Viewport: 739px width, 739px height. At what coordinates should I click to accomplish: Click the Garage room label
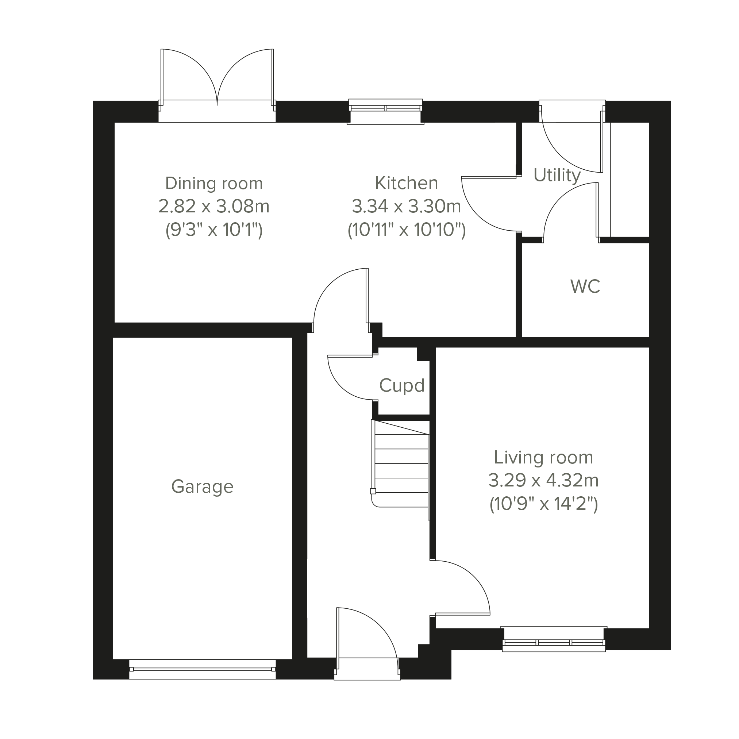[x=202, y=486]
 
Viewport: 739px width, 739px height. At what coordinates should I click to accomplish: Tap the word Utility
[x=557, y=175]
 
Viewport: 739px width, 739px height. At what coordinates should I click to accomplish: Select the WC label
[x=585, y=286]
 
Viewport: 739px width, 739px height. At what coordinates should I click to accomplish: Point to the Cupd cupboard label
[x=402, y=386]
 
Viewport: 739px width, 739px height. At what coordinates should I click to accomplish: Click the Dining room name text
[x=214, y=183]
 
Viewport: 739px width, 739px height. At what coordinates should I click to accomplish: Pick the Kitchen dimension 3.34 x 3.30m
[x=406, y=207]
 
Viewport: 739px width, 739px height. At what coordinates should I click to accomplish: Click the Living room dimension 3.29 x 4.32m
[x=543, y=480]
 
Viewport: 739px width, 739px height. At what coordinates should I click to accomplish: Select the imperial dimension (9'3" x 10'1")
[x=214, y=230]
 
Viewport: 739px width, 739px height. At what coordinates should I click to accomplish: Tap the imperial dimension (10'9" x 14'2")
[x=543, y=504]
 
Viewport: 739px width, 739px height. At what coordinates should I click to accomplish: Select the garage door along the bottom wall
[x=202, y=669]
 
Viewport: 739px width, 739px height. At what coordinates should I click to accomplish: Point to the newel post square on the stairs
[x=373, y=491]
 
